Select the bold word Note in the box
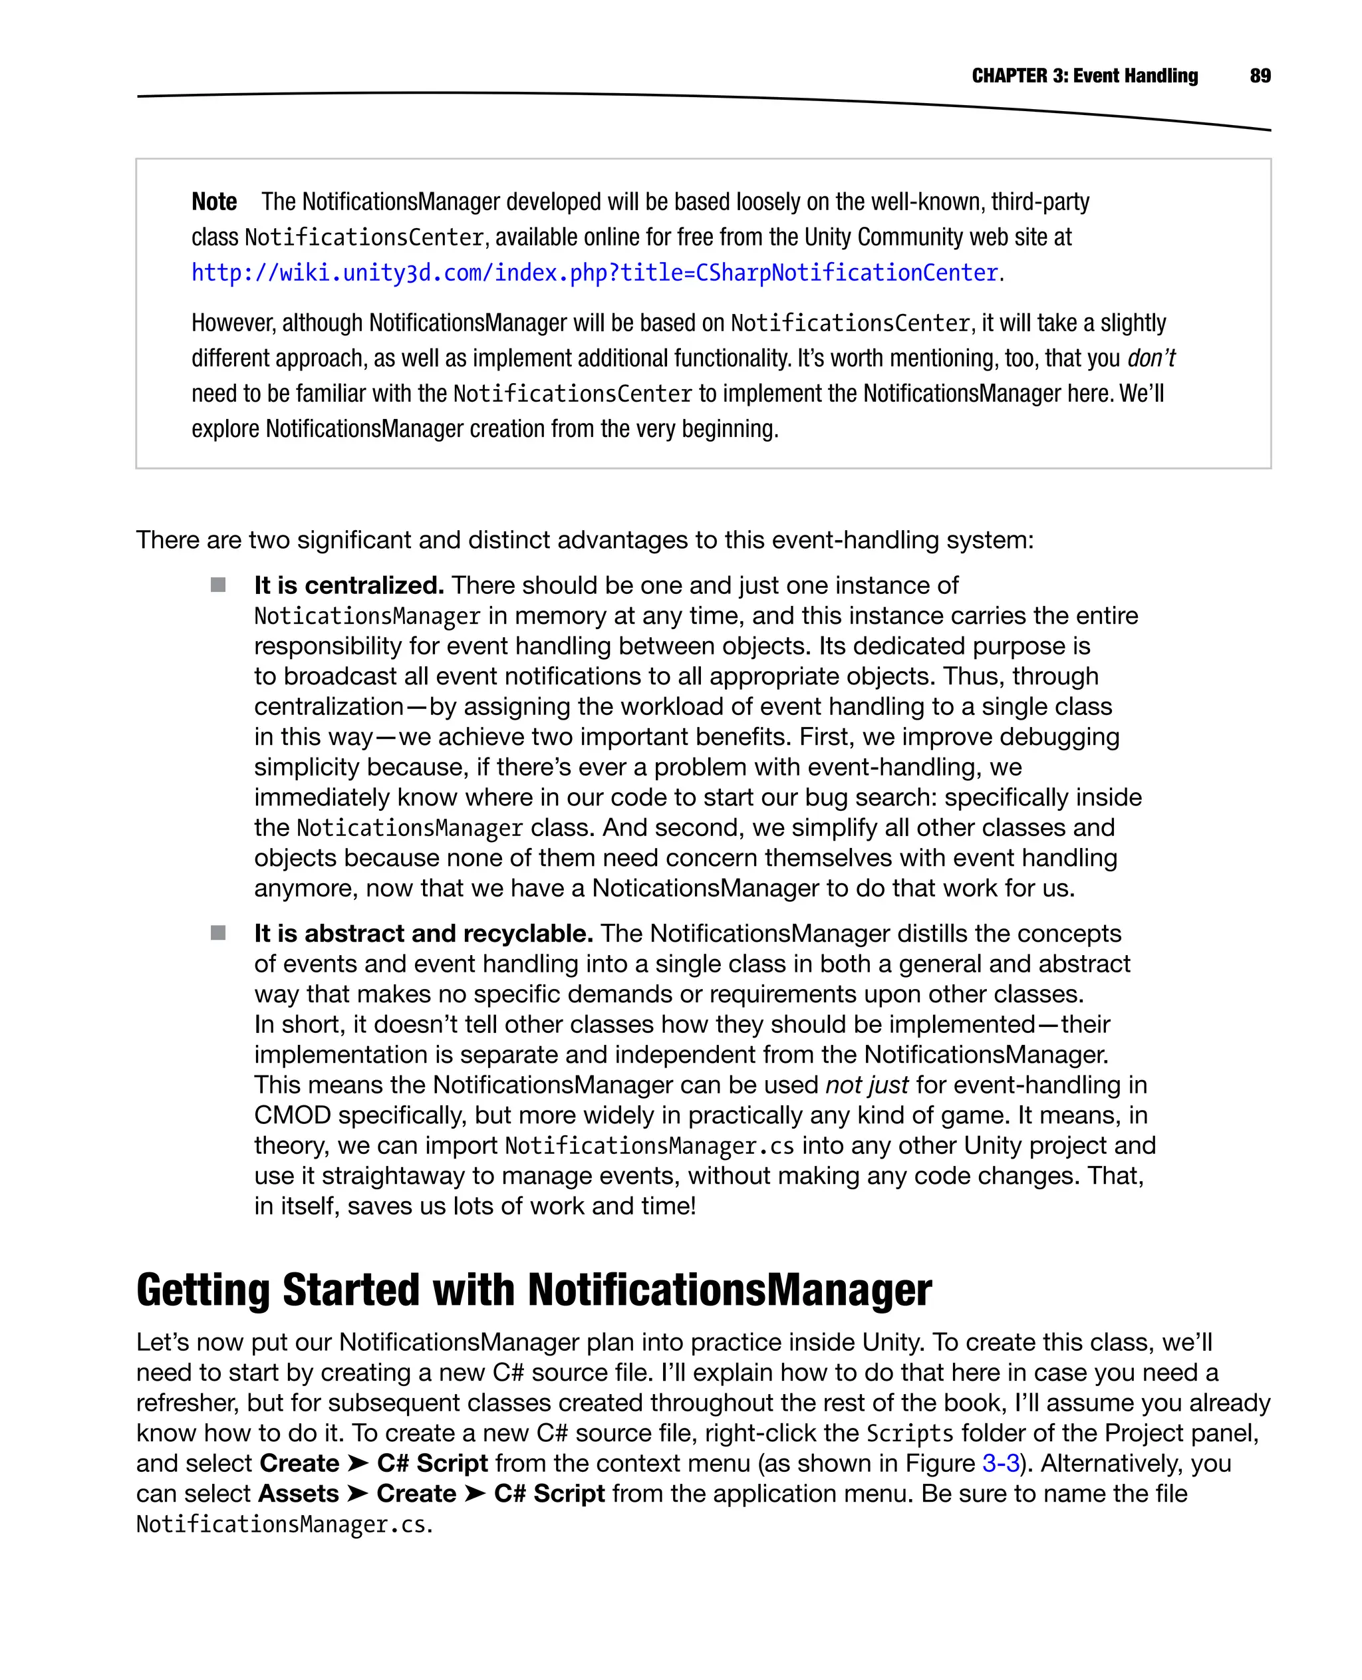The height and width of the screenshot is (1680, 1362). point(214,202)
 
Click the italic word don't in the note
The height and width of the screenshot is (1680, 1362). point(1151,358)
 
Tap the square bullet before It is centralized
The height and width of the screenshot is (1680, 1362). point(218,585)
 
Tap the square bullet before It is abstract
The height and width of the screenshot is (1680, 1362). point(218,932)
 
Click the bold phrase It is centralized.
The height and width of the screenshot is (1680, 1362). point(349,585)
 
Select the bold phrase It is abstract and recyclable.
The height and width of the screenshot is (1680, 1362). point(423,933)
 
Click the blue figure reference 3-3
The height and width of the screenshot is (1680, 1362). point(1000,1463)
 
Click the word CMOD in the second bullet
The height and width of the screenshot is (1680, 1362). point(292,1115)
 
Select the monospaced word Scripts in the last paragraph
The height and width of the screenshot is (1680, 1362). point(909,1434)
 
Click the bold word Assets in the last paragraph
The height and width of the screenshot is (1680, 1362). point(298,1493)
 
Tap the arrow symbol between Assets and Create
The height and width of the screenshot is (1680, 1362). point(358,1493)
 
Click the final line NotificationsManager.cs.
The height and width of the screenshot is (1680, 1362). point(284,1524)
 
